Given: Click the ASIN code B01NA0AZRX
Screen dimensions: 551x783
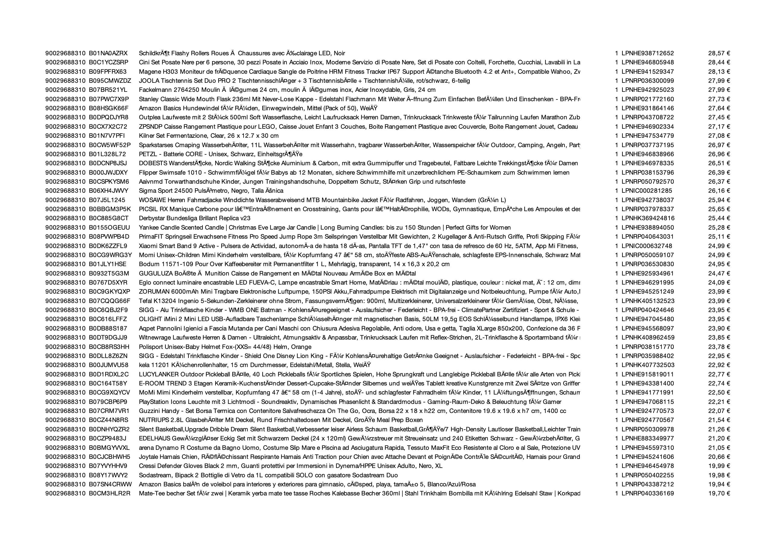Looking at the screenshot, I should click(x=108, y=53).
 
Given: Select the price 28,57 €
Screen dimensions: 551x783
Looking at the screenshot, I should click(x=719, y=53).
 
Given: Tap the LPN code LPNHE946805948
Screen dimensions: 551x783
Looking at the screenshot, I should click(x=647, y=63).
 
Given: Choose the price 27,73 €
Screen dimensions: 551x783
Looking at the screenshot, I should click(x=719, y=99).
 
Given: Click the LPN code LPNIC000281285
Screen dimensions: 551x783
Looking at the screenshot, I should click(x=647, y=191).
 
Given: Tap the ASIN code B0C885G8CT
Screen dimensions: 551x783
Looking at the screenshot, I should click(x=109, y=218).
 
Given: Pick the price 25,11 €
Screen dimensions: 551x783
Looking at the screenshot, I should click(x=719, y=237).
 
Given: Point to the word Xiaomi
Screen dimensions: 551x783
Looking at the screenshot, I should click(x=148, y=246).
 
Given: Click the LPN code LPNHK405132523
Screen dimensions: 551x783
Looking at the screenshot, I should click(x=647, y=301).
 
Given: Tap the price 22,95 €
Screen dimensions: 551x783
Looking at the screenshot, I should click(x=719, y=356).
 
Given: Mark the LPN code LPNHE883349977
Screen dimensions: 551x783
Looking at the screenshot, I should click(x=647, y=439).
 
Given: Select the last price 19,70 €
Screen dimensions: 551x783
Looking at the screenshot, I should click(x=719, y=493).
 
